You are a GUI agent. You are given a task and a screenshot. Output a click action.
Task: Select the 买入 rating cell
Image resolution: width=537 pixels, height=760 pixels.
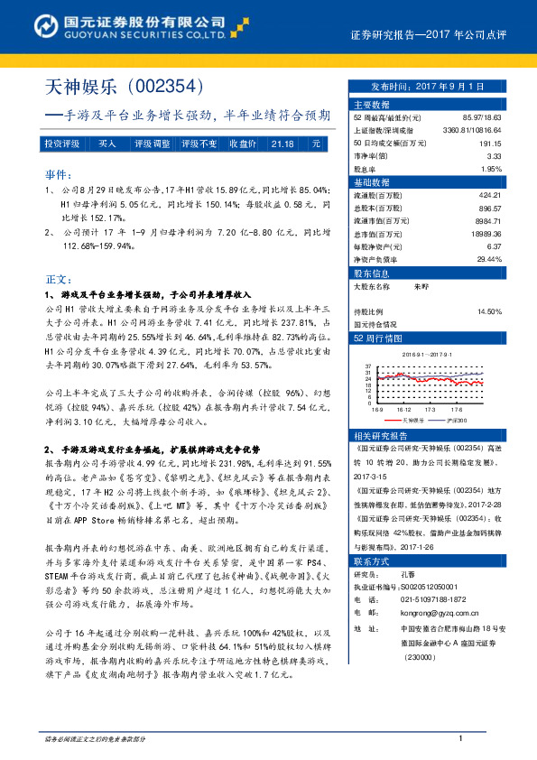pos(106,144)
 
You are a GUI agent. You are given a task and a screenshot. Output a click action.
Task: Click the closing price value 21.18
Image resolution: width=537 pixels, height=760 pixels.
pos(282,144)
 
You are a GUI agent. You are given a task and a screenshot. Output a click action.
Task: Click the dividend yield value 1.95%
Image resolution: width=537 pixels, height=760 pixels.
pos(490,169)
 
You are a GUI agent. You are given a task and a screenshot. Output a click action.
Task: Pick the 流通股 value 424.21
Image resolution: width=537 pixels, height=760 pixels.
pos(489,195)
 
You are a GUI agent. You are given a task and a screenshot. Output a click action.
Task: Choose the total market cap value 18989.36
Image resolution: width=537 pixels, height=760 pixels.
pos(485,233)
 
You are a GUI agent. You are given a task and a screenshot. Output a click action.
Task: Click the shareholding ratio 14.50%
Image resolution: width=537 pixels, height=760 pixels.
pos(489,311)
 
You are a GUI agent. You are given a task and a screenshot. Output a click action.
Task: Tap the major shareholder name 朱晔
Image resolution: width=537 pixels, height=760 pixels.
pos(420,285)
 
